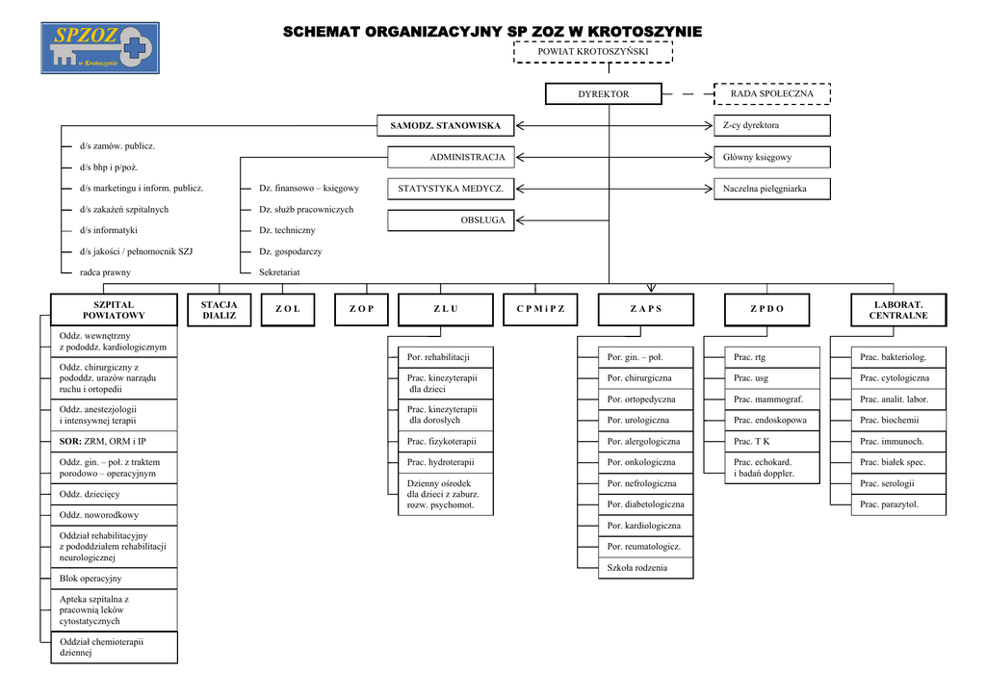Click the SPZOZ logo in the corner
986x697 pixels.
click(100, 48)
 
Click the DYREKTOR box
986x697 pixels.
click(604, 94)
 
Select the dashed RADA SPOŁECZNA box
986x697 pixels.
click(771, 94)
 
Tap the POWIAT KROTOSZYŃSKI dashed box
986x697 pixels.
click(592, 51)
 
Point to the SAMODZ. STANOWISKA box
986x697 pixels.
click(445, 126)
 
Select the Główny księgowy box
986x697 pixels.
click(771, 157)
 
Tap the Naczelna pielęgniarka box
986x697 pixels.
click(771, 189)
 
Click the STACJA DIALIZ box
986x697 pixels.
click(220, 310)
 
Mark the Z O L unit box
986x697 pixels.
click(288, 309)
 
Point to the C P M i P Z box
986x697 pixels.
click(540, 309)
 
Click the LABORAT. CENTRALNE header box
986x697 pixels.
click(898, 310)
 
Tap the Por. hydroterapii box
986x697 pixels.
click(445, 463)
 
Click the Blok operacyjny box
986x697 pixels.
click(114, 579)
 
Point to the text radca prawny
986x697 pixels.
click(105, 272)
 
